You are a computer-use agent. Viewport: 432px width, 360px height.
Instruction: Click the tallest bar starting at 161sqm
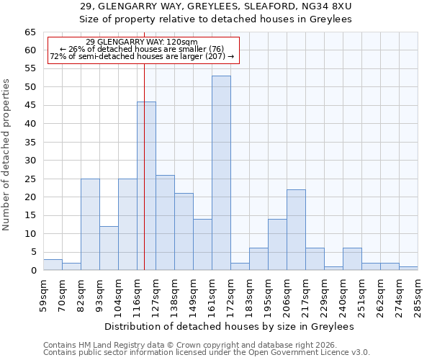click(221, 173)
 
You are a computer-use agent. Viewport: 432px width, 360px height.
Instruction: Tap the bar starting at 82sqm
click(90, 225)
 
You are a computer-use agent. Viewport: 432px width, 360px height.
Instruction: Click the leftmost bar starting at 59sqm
click(53, 265)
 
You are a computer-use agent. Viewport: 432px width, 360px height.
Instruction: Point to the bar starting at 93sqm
click(109, 248)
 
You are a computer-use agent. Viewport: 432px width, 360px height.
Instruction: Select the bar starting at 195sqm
click(277, 245)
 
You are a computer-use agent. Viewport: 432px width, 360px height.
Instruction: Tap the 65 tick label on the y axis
click(30, 32)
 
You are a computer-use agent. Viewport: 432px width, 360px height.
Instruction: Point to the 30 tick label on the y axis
click(30, 161)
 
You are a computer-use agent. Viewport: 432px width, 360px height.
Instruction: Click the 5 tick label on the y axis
click(32, 252)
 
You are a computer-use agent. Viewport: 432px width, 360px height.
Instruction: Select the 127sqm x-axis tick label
click(156, 293)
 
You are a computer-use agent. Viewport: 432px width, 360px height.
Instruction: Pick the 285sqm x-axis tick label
click(418, 293)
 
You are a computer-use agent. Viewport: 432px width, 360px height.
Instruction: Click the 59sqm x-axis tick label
click(43, 293)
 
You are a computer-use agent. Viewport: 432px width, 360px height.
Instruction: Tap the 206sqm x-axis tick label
click(287, 293)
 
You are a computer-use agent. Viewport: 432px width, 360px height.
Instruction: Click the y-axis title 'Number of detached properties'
click(7, 155)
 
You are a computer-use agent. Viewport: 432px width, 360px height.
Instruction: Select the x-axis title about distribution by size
click(230, 326)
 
